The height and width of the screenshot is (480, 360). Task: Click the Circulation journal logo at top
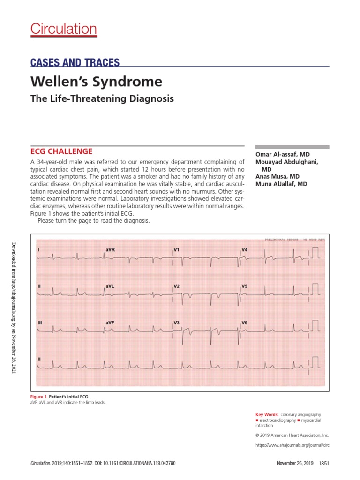coord(64,29)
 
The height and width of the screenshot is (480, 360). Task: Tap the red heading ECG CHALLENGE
coord(61,151)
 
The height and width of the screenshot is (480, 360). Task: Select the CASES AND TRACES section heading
coord(75,62)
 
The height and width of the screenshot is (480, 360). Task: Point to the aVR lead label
coord(110,250)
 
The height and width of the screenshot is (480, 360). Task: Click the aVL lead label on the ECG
coord(110,285)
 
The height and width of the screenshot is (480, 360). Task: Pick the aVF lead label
coord(110,322)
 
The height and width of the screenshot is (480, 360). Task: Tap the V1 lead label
coord(177,250)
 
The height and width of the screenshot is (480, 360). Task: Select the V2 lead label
coord(177,285)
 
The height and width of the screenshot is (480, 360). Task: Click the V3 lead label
coord(177,322)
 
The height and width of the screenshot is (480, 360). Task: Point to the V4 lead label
coord(244,250)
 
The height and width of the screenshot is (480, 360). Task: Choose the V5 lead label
coord(244,285)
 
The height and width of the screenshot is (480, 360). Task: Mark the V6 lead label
coord(244,322)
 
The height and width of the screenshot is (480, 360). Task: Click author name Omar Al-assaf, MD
coord(282,154)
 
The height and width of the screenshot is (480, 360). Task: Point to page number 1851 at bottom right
coord(324,463)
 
